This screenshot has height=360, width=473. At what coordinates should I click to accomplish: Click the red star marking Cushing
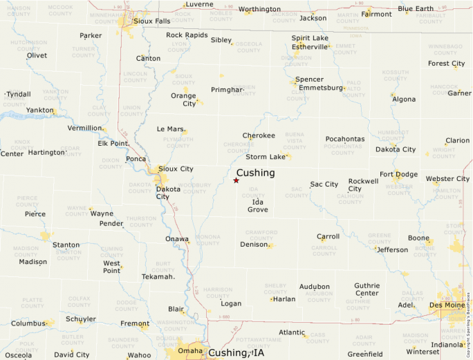pyautogui.click(x=236, y=180)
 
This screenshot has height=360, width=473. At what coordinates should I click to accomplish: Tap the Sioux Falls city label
pyautogui.click(x=153, y=21)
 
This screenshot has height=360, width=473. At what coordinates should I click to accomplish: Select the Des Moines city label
pyautogui.click(x=447, y=305)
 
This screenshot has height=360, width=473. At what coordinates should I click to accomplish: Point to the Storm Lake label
pyautogui.click(x=266, y=157)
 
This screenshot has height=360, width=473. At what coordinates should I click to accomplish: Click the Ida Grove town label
pyautogui.click(x=258, y=205)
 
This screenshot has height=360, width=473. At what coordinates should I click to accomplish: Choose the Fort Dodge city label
pyautogui.click(x=398, y=174)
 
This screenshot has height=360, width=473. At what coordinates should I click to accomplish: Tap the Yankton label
pyautogui.click(x=40, y=110)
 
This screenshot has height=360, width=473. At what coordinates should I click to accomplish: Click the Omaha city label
pyautogui.click(x=190, y=350)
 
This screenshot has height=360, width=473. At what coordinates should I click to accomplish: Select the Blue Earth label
pyautogui.click(x=416, y=9)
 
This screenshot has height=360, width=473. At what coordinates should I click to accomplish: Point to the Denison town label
pyautogui.click(x=253, y=245)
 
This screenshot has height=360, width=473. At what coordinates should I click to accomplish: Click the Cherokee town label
pyautogui.click(x=259, y=135)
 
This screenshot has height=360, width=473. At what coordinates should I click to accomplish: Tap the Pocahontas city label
pyautogui.click(x=344, y=139)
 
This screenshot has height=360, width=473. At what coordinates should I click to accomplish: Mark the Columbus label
pyautogui.click(x=28, y=323)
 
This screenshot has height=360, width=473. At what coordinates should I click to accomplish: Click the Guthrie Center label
pyautogui.click(x=367, y=290)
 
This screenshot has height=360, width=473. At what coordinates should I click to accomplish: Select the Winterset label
pyautogui.click(x=423, y=351)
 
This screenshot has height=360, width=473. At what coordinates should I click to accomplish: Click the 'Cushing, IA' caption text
pyautogui.click(x=236, y=353)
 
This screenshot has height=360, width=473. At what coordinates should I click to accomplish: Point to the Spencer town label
pyautogui.click(x=309, y=79)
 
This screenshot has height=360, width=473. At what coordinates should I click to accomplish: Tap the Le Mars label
pyautogui.click(x=170, y=129)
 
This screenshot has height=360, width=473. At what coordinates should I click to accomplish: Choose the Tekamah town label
pyautogui.click(x=158, y=276)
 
